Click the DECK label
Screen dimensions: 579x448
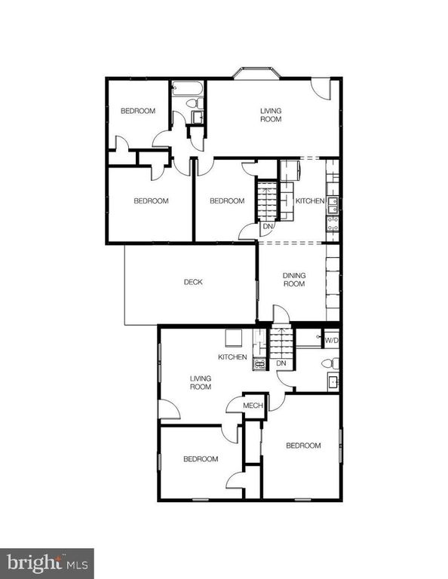click(x=193, y=283)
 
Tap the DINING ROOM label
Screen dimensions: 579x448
click(x=293, y=280)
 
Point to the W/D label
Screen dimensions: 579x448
click(x=331, y=341)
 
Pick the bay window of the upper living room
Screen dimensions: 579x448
click(x=256, y=73)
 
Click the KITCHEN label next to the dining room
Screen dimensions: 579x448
click(x=309, y=201)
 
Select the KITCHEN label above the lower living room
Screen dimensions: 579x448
click(x=232, y=357)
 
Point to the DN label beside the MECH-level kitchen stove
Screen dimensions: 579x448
click(x=281, y=364)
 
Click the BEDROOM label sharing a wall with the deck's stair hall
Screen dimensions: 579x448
click(x=227, y=201)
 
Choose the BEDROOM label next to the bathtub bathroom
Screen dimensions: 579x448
click(x=138, y=112)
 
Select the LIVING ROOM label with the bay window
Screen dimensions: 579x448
click(x=271, y=115)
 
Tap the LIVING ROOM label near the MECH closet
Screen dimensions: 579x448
click(x=200, y=383)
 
